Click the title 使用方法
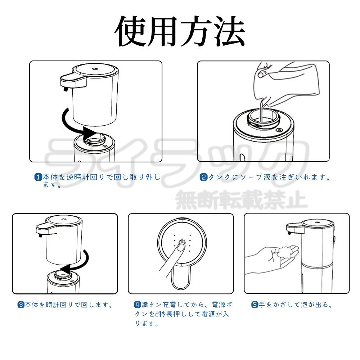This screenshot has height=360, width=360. pyautogui.click(x=180, y=31)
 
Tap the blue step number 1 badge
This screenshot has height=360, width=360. pyautogui.click(x=39, y=177)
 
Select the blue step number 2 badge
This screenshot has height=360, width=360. pyautogui.click(x=203, y=177)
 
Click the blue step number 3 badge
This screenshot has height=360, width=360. pyautogui.click(x=21, y=305)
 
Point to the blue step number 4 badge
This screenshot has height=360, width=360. pyautogui.click(x=137, y=305)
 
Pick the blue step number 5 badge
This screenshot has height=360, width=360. pyautogui.click(x=255, y=305)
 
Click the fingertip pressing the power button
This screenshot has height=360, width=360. pyautogui.click(x=181, y=247)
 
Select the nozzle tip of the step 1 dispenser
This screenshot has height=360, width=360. pyautogui.click(x=65, y=89)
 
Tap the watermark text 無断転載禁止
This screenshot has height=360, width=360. pyautogui.click(x=241, y=200)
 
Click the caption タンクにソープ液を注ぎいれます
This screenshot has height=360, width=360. pyautogui.click(x=269, y=177)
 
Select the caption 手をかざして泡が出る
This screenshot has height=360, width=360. pyautogui.click(x=295, y=305)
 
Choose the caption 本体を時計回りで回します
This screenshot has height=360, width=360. pyautogui.click(x=69, y=305)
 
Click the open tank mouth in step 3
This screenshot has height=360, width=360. pyautogui.click(x=63, y=275)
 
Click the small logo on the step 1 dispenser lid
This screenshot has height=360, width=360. pyautogui.click(x=95, y=68)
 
